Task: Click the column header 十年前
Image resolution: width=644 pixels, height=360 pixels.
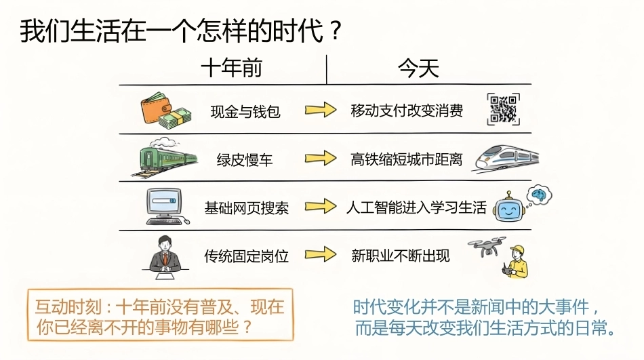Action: (x=231, y=68)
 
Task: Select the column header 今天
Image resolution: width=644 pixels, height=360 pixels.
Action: (x=418, y=68)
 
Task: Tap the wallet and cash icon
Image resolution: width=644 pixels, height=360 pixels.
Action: (x=166, y=110)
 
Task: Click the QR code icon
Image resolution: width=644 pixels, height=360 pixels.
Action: (x=503, y=109)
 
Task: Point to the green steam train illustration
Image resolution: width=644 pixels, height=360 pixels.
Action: (x=164, y=157)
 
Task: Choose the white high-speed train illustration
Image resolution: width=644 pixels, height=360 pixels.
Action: (x=507, y=158)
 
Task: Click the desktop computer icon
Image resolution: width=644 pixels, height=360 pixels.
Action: (x=167, y=207)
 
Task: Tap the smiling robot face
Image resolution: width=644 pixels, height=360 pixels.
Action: (x=508, y=209)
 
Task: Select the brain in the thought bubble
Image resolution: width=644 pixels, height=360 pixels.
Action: (x=540, y=194)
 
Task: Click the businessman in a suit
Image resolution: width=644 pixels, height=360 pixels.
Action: (x=165, y=257)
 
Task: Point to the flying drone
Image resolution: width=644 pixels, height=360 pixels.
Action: (x=487, y=245)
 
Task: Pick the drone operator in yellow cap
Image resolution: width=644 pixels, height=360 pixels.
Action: (x=516, y=262)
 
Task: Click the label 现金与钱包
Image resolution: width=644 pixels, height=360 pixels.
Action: (x=245, y=111)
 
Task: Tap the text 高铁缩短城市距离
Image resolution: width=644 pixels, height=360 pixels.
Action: (x=406, y=159)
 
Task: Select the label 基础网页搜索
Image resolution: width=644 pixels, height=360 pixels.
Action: (x=247, y=208)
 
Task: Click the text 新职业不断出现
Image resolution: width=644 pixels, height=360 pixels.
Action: (x=401, y=256)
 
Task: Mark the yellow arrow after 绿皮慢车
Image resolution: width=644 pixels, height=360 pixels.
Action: (x=321, y=158)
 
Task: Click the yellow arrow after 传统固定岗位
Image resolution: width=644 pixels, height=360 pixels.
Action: (x=321, y=254)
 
